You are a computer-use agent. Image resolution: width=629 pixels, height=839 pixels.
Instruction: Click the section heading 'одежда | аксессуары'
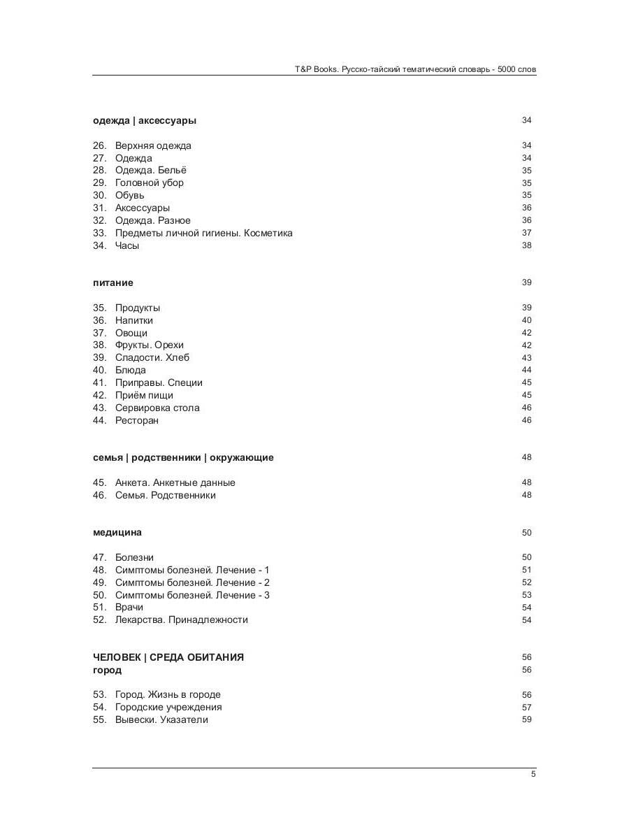point(145,120)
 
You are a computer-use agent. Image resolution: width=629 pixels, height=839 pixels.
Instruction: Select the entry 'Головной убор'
point(150,182)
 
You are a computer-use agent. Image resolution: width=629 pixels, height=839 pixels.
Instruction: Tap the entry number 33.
point(99,233)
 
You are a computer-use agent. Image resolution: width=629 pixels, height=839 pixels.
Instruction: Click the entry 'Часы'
point(127,245)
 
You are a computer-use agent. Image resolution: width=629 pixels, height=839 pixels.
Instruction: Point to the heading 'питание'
point(113,282)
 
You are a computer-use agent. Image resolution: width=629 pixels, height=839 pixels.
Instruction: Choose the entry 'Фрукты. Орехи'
point(150,345)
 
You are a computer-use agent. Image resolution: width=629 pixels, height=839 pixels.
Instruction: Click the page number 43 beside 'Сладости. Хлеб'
point(526,358)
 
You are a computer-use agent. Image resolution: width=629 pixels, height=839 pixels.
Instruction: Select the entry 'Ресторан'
point(137,420)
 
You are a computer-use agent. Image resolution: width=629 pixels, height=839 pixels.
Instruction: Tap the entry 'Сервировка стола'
point(157,408)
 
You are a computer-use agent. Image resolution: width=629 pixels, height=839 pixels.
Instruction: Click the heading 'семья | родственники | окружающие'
point(183,457)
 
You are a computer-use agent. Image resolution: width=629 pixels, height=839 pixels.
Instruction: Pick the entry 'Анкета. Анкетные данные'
point(175,482)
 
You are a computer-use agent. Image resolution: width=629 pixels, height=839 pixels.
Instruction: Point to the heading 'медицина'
point(117,532)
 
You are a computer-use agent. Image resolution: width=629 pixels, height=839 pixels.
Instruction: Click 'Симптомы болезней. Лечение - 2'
point(192,582)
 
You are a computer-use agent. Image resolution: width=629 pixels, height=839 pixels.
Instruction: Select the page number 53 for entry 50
point(526,595)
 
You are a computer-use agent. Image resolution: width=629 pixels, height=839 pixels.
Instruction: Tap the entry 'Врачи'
point(129,607)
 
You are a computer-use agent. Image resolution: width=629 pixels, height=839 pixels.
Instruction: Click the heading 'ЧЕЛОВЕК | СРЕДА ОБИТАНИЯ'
point(168,657)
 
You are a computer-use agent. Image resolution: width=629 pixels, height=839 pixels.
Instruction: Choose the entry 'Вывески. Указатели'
point(161,719)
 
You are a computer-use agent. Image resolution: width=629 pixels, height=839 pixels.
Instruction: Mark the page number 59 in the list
point(526,719)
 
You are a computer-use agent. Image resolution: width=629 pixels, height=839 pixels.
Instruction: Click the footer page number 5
point(533,773)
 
